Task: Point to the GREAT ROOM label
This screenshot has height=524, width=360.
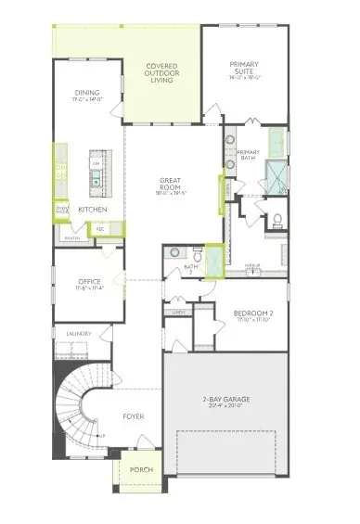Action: click(173, 185)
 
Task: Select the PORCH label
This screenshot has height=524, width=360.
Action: click(140, 469)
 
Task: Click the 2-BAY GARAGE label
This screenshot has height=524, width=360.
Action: click(226, 400)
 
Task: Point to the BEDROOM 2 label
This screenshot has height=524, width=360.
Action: click(252, 314)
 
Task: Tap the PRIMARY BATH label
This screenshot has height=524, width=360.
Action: click(248, 154)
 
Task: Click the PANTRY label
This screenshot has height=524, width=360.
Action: click(71, 238)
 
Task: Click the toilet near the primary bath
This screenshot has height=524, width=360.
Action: click(277, 220)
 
